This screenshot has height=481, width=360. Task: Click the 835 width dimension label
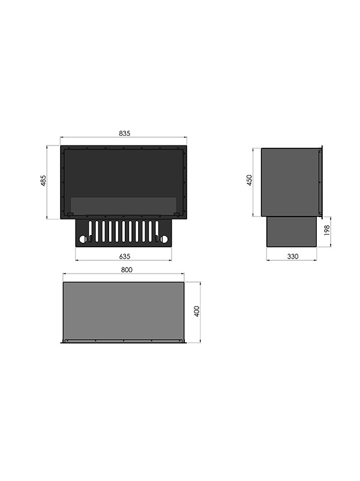pyautogui.click(x=124, y=133)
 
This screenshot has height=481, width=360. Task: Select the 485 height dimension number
pyautogui.click(x=43, y=181)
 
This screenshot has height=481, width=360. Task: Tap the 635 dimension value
pyautogui.click(x=125, y=256)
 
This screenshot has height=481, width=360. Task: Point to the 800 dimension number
pyautogui.click(x=127, y=269)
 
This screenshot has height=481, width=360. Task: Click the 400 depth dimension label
pyautogui.click(x=197, y=311)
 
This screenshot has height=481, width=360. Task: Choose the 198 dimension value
pyautogui.click(x=326, y=230)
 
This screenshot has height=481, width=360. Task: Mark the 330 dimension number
pyautogui.click(x=293, y=256)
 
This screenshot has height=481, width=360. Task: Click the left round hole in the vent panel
pyautogui.click(x=83, y=239)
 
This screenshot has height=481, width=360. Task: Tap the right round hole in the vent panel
pyautogui.click(x=164, y=239)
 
